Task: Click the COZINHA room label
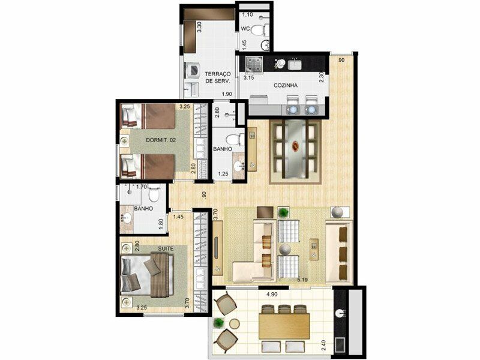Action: tap(286, 85)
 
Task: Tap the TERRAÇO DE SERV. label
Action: tap(218, 78)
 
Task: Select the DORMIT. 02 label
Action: tap(161, 140)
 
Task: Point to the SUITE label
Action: tap(166, 248)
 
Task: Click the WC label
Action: tap(245, 29)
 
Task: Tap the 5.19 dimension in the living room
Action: tap(302, 279)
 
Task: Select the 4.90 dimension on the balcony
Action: tap(272, 295)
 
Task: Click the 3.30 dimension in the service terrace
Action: tap(199, 27)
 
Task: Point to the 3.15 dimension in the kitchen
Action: tap(248, 78)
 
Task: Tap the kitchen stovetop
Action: tap(254, 65)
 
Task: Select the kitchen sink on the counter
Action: tap(294, 65)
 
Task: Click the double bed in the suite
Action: tap(147, 274)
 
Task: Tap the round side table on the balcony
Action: tap(235, 324)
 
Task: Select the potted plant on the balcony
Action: tap(218, 323)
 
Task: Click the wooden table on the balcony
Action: tap(284, 326)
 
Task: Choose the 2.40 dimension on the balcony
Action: tap(323, 346)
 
